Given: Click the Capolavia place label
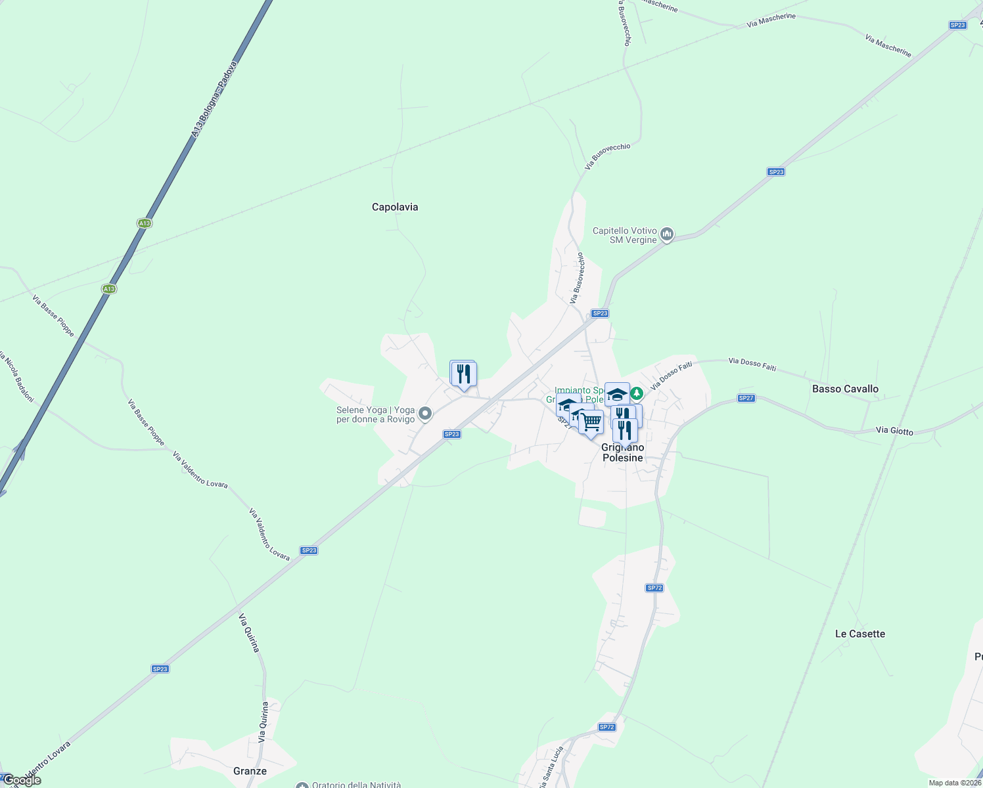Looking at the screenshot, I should (395, 207).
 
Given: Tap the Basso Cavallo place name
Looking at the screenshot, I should (845, 389).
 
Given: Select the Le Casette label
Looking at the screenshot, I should (859, 634).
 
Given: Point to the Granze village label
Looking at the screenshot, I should (250, 771).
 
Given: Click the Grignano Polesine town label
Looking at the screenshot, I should (622, 452).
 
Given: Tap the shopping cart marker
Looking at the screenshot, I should (591, 422).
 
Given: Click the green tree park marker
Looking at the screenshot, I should (636, 393).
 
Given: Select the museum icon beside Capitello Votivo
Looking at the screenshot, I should (667, 234).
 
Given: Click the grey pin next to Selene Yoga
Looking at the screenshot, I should (425, 413).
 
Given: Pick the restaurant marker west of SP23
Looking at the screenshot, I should (463, 374).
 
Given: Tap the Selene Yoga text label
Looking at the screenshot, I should (375, 414).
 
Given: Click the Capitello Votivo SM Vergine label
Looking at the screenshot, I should (624, 235).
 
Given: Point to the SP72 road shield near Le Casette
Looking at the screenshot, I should (654, 588).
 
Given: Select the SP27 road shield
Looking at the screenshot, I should (746, 398).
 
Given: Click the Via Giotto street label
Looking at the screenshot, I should (894, 431).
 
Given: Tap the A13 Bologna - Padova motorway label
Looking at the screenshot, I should (214, 100).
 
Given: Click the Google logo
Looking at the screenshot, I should (22, 780).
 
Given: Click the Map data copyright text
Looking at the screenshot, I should (955, 783).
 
